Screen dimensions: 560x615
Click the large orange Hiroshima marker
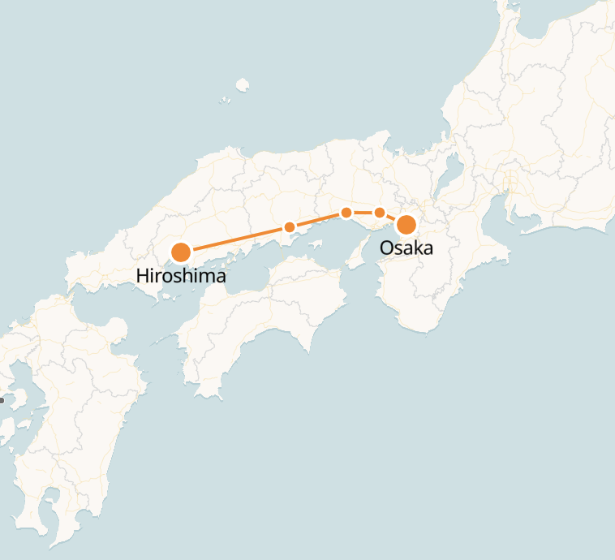(181, 252)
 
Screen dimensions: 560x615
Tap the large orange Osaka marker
(406, 225)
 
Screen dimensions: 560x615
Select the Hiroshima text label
(181, 277)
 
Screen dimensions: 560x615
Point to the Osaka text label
(406, 248)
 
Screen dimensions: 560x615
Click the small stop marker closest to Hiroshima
(289, 227)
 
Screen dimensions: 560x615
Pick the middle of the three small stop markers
(346, 213)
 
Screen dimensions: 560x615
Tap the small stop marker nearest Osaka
(379, 213)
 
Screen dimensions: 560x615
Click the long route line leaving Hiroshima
(235, 239)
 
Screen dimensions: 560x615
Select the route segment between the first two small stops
(318, 220)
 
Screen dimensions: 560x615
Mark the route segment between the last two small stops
(363, 213)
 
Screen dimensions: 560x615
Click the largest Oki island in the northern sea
(242, 84)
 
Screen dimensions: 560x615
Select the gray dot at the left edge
(2, 400)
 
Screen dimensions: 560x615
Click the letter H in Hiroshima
(142, 276)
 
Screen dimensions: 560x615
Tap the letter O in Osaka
(386, 248)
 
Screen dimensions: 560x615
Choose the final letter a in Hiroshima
(221, 278)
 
